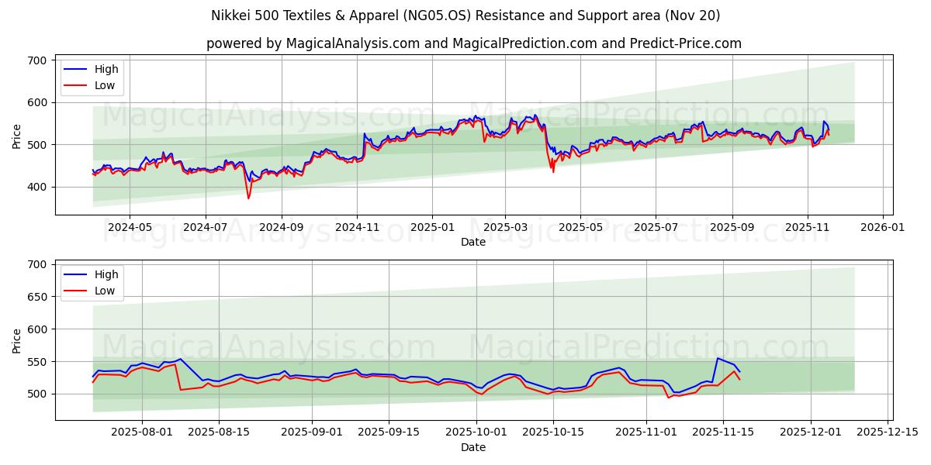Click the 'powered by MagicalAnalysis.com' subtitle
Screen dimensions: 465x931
coord(473,43)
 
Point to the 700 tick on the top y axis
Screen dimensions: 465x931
coord(36,60)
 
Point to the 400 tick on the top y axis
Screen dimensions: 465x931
coord(36,187)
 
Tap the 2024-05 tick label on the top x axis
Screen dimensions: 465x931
coord(129,228)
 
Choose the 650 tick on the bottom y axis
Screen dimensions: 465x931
coord(36,297)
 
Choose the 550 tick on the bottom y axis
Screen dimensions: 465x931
coord(36,362)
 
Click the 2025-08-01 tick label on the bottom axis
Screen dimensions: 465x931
coord(142,432)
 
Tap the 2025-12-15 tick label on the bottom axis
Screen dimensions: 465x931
coord(886,432)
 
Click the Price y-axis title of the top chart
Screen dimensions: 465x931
coord(17,136)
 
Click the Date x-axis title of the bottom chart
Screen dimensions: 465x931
coord(473,447)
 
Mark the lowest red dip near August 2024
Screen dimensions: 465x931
coord(248,198)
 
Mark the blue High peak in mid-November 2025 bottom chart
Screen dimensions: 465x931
coord(718,358)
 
